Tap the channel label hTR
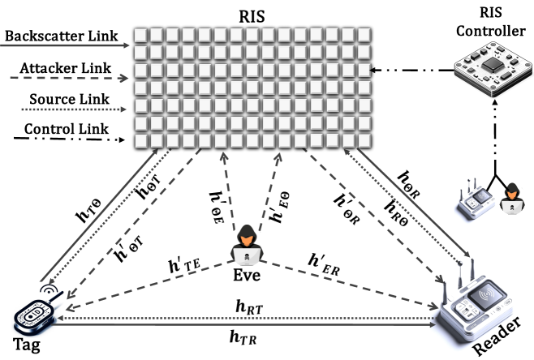click(x=243, y=335)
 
